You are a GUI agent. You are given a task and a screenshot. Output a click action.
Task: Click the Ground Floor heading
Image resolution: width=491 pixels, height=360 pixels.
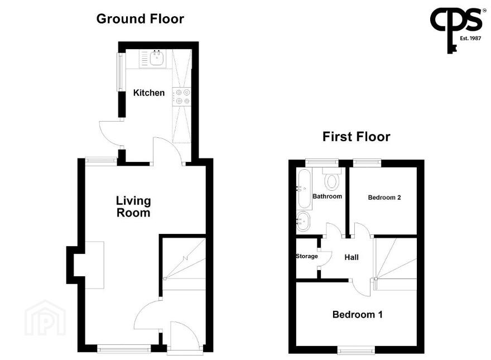click(x=140, y=19)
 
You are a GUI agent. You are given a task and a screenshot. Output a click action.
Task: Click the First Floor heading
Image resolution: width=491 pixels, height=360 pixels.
click(x=357, y=137)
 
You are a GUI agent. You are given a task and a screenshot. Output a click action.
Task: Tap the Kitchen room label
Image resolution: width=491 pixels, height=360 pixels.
click(x=149, y=93)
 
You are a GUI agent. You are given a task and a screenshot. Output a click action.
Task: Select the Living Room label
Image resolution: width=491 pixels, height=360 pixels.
click(x=133, y=207)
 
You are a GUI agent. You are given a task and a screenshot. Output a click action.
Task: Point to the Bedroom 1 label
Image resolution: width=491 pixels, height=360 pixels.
click(x=357, y=314)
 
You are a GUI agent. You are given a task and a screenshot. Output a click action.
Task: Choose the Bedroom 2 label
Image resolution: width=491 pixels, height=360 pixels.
click(x=384, y=198)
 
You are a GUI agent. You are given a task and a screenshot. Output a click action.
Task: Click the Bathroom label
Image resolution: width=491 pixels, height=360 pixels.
click(x=327, y=196)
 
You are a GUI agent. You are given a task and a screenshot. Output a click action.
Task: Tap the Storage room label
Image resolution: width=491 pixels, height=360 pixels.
click(x=307, y=256)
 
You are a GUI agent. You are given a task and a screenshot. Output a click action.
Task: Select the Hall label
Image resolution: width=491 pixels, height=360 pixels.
click(x=352, y=257)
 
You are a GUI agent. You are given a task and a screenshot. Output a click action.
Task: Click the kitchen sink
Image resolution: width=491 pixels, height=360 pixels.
click(x=152, y=58)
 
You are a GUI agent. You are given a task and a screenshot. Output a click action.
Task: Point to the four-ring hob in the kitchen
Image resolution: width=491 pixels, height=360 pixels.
click(x=182, y=97)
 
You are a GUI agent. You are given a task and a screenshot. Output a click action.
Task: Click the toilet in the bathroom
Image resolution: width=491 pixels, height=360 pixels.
click(x=332, y=179)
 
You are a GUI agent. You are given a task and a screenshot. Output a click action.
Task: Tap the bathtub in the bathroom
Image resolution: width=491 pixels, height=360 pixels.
click(x=305, y=189)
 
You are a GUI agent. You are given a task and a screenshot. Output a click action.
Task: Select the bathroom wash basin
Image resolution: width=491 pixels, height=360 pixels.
click(x=303, y=221)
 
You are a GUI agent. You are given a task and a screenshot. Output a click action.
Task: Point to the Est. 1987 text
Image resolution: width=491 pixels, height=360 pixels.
click(x=470, y=38)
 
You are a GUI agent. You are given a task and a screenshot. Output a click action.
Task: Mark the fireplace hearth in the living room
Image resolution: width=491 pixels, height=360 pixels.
click(x=94, y=265)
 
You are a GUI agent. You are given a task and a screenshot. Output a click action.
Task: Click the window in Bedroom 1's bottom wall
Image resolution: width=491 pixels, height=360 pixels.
click(x=356, y=350)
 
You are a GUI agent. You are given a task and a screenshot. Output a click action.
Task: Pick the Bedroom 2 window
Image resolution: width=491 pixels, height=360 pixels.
click(x=367, y=163)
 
